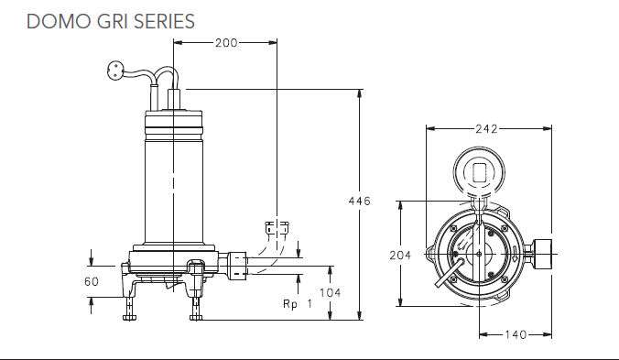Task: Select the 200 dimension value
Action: point(226,43)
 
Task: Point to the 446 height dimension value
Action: point(360,202)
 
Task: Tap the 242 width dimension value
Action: point(487,129)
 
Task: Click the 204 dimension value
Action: point(400,256)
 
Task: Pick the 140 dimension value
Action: point(516,334)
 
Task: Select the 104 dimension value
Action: point(330,293)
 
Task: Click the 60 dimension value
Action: point(92,282)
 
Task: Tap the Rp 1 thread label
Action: point(298,304)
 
